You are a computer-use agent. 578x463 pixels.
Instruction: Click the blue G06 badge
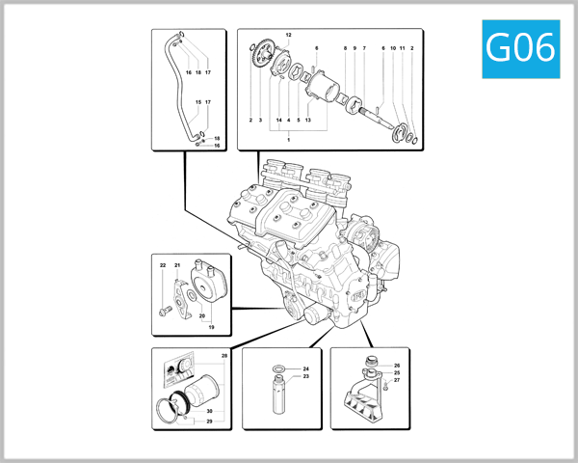coord(521,47)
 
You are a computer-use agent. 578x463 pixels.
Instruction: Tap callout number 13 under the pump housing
coord(307,121)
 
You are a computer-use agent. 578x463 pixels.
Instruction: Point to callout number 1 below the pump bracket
coord(288,140)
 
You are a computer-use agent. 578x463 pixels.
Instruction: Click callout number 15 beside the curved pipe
coord(198,102)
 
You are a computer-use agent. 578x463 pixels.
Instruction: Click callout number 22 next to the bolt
coord(163,265)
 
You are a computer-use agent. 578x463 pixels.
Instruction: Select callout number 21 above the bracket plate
coord(177,265)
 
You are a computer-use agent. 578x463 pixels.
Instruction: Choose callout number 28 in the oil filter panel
coord(223,357)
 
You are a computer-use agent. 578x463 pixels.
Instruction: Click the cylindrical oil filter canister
coord(202,395)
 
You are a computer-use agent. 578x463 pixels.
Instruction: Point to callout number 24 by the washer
coord(305,369)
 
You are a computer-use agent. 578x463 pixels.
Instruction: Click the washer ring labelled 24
coord(278,369)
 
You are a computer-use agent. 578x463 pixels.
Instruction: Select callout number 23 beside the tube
coord(305,377)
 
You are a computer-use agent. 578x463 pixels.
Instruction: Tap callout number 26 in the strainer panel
coord(396,366)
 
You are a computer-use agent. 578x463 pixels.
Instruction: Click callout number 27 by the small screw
coord(396,381)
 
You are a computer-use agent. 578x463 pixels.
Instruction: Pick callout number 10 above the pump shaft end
coord(393,47)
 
